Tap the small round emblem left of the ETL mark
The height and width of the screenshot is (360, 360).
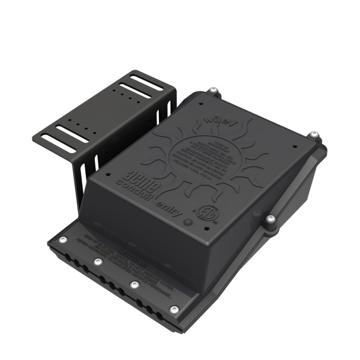[187, 222]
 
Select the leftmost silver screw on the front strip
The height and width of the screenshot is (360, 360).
[62, 241]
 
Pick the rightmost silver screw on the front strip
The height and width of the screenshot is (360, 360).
[174, 310]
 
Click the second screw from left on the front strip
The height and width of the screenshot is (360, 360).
[97, 262]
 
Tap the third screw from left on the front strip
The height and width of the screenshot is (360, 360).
[134, 284]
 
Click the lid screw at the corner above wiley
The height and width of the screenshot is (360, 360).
[212, 91]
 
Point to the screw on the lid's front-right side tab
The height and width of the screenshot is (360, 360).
[271, 220]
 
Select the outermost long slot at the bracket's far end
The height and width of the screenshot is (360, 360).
[146, 82]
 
